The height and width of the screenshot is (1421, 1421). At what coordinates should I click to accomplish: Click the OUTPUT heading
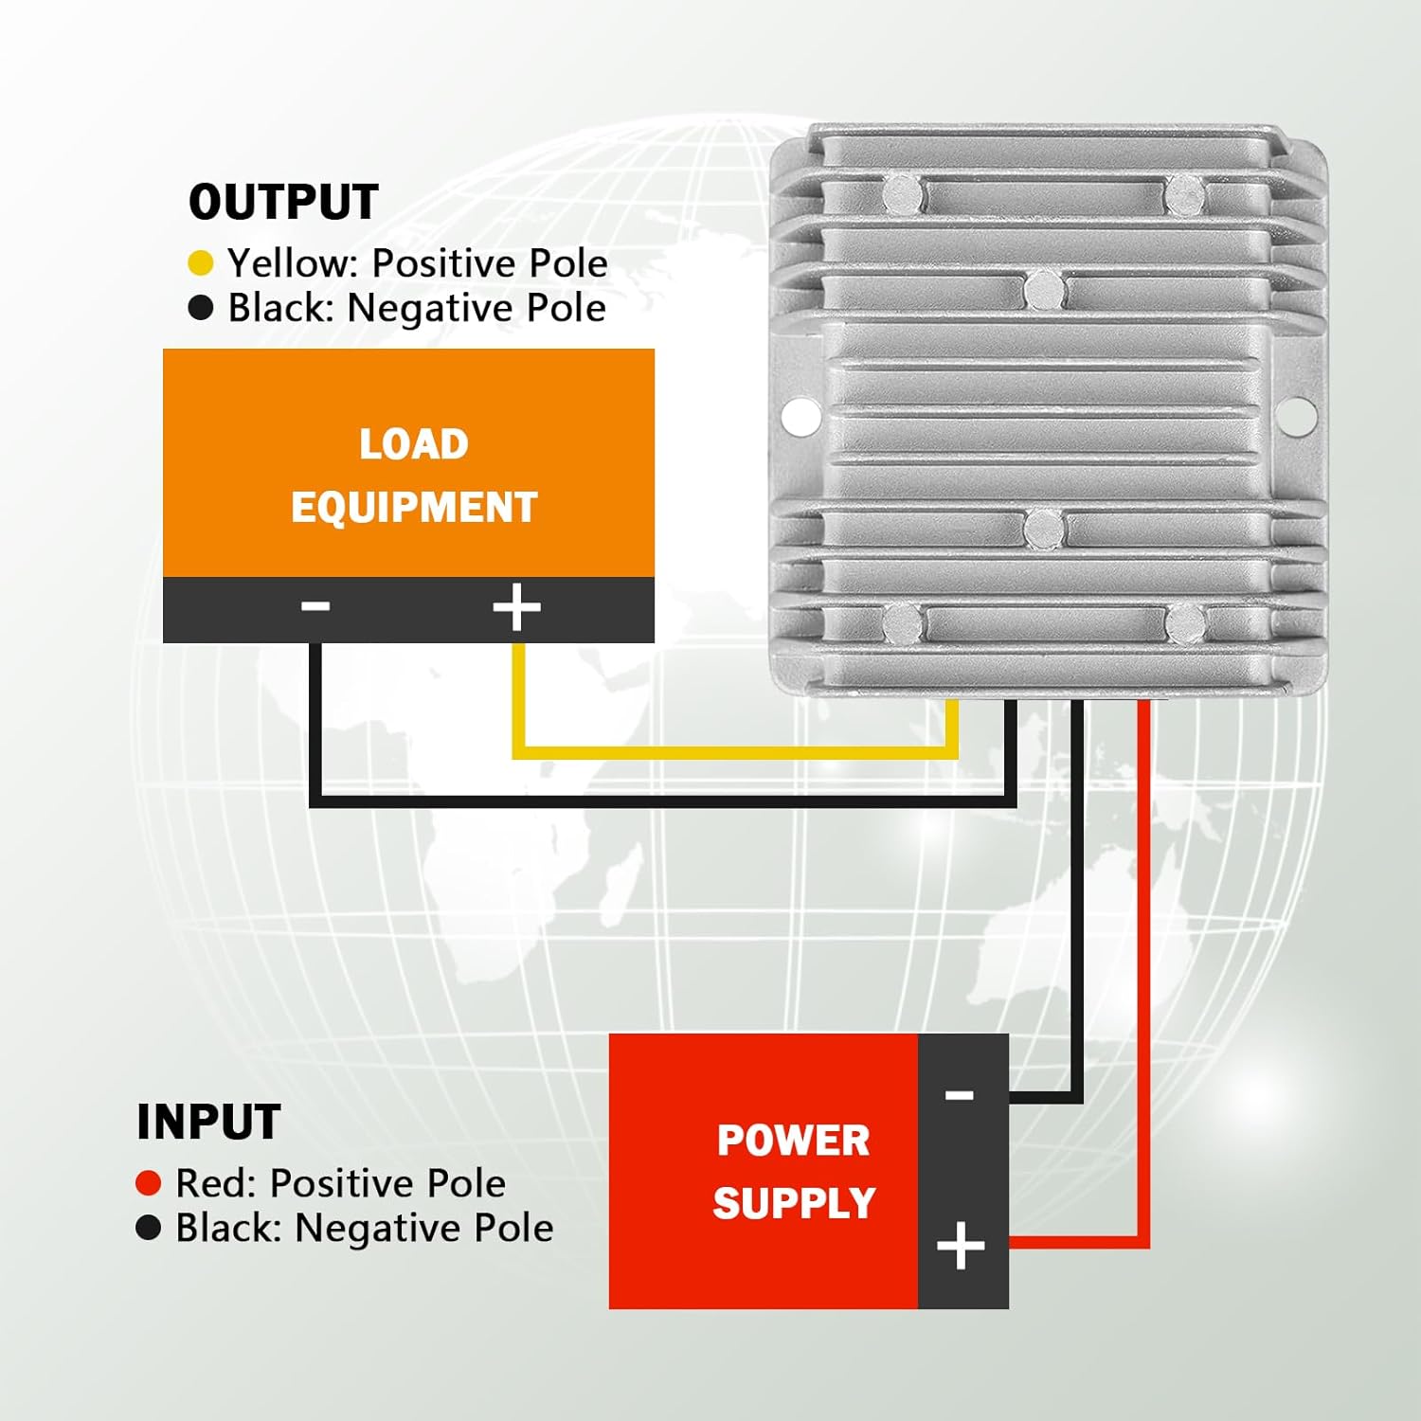pos(283,202)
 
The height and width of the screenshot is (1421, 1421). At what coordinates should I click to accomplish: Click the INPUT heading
pos(208,1122)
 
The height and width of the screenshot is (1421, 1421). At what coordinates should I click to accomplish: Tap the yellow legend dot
pos(201,262)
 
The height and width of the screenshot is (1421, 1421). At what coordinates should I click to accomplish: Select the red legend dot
pos(149,1182)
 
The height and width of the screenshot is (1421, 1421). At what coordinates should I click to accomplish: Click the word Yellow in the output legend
pos(290,263)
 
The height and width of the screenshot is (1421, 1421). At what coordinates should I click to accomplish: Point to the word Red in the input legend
pos(216,1183)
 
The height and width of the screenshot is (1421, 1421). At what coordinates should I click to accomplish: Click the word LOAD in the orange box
pos(413,444)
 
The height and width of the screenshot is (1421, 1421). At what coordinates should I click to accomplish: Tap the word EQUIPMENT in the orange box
pos(414,508)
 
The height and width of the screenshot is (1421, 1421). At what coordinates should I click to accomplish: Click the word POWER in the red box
pos(793,1140)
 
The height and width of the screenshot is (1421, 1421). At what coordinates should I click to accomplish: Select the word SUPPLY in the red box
pos(794,1203)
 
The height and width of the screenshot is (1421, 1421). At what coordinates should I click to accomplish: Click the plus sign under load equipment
pos(516,607)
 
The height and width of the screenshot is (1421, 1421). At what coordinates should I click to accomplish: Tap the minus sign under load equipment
pos(315,605)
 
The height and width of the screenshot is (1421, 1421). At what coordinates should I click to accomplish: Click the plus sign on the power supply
pos(961,1246)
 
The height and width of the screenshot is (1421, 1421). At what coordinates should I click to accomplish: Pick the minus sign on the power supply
pos(960,1095)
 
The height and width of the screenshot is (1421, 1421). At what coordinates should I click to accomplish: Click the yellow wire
pos(734,753)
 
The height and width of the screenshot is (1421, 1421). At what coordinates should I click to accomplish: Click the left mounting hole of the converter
pos(801,416)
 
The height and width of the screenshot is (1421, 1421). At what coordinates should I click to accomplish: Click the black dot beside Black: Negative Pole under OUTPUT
pos(201,308)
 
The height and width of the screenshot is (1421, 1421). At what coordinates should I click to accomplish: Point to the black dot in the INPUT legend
pos(149,1228)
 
